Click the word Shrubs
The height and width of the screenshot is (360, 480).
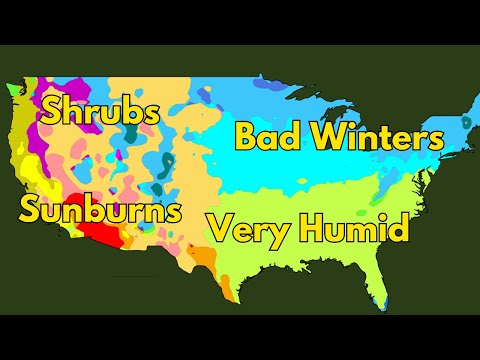98,111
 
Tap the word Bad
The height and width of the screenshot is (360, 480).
265,136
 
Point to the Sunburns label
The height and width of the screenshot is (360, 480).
100,210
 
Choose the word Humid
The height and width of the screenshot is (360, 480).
351,231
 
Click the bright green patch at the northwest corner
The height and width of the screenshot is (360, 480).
13,89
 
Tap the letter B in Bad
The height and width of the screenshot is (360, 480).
245,136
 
